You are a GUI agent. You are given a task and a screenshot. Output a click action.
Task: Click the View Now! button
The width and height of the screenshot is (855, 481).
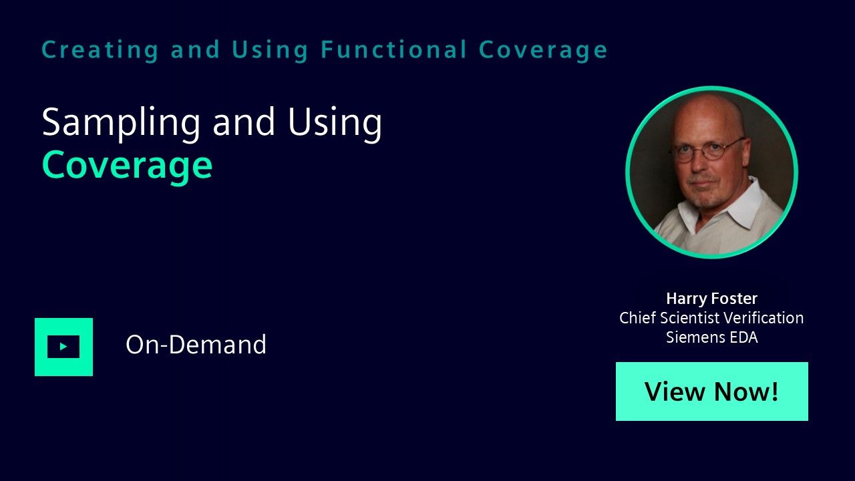tap(712, 391)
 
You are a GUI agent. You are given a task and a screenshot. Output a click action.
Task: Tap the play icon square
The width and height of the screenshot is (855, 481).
tap(63, 347)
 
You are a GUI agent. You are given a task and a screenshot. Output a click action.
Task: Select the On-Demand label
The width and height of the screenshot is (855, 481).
tap(196, 344)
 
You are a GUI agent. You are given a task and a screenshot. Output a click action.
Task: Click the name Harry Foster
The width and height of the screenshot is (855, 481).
tap(712, 299)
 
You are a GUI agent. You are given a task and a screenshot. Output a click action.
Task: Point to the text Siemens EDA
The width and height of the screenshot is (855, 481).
tap(712, 337)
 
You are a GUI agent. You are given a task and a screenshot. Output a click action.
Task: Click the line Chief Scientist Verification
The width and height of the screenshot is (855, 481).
tap(711, 317)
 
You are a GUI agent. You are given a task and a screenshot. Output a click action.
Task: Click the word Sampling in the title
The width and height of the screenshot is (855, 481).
tap(121, 124)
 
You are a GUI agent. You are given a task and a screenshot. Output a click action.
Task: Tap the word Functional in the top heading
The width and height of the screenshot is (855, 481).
tap(393, 49)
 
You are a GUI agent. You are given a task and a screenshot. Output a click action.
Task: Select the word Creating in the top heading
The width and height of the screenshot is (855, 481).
tap(100, 51)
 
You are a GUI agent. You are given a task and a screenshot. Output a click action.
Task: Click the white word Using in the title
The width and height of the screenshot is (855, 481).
tap(335, 124)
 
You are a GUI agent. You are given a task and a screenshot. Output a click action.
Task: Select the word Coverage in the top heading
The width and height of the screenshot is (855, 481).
tap(543, 51)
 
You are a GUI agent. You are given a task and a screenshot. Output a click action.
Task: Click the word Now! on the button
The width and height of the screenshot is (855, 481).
tap(746, 391)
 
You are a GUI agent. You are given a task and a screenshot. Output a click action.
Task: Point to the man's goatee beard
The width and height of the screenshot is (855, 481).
tap(705, 193)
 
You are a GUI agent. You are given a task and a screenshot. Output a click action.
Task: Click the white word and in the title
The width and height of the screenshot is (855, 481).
tap(244, 122)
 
